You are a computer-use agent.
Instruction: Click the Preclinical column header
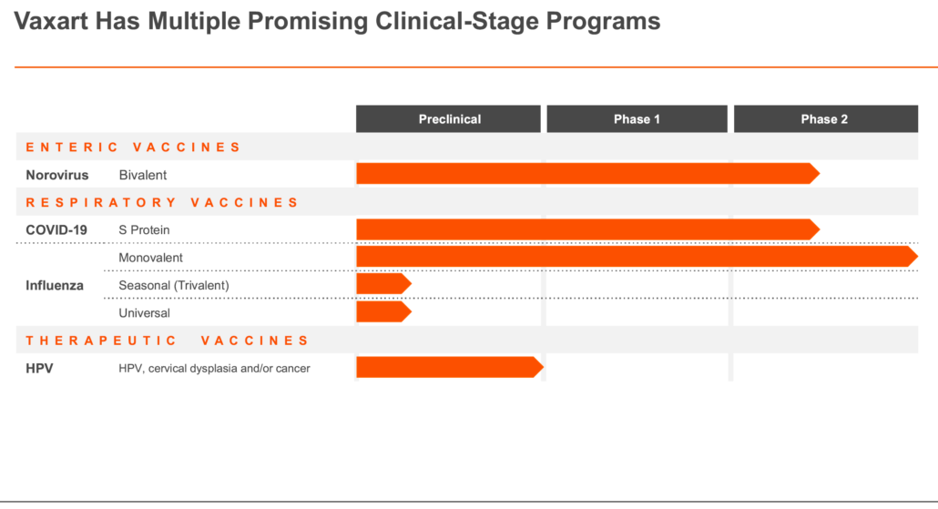click(x=449, y=119)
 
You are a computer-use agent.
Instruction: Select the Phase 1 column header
click(x=637, y=119)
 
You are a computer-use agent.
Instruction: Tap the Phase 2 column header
click(x=826, y=119)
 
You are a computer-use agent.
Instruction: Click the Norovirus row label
click(x=56, y=175)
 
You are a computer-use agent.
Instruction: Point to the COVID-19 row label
click(x=56, y=230)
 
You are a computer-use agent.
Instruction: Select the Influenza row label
click(x=55, y=285)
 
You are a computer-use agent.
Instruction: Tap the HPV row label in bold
click(x=39, y=369)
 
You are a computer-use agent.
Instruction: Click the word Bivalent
click(x=142, y=175)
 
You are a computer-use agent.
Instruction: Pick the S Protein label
click(x=144, y=230)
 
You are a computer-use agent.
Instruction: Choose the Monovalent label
click(x=151, y=258)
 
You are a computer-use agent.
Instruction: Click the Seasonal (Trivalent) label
click(x=173, y=285)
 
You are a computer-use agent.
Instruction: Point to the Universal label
click(x=144, y=313)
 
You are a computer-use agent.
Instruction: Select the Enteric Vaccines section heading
click(x=133, y=148)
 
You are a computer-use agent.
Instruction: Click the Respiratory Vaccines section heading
click(x=161, y=203)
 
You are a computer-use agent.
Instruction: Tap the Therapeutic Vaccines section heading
click(x=167, y=341)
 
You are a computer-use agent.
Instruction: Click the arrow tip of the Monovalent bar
click(x=917, y=257)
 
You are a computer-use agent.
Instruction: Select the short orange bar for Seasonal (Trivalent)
click(x=383, y=283)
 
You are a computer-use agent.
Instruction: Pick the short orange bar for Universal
click(x=383, y=311)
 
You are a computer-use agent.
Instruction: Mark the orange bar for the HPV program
click(x=450, y=367)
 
